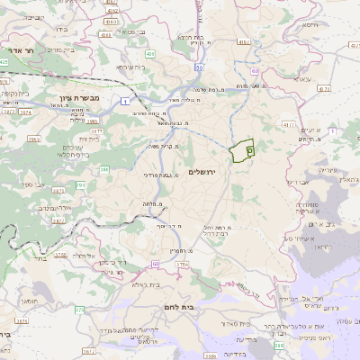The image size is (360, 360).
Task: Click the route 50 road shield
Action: [199, 67]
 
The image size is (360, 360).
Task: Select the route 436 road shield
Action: [150, 54]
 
